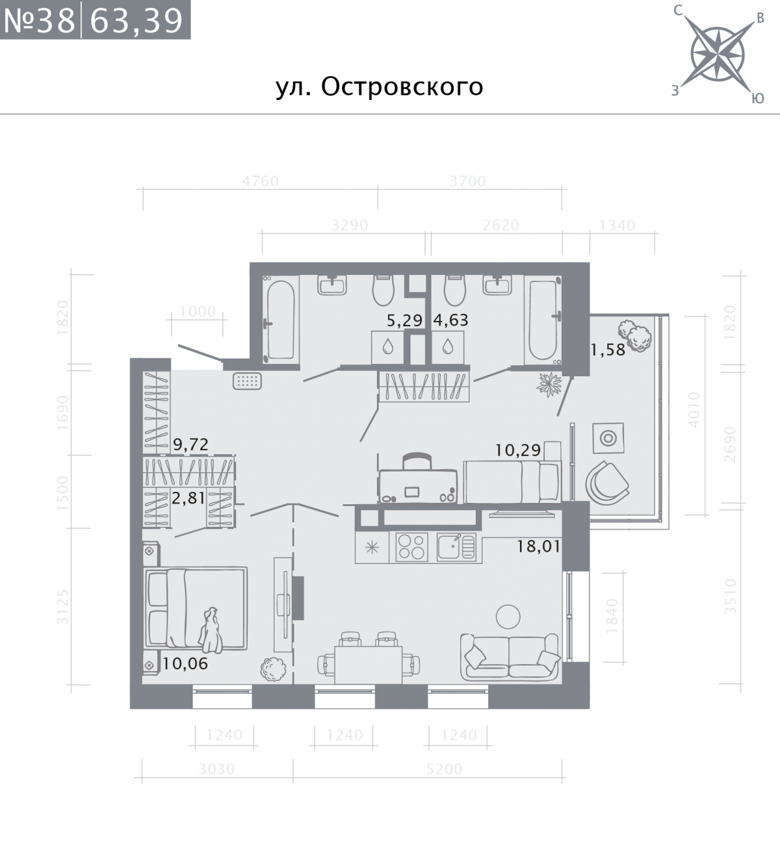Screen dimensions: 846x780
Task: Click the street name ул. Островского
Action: click(380, 87)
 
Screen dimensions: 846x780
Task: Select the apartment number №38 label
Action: click(40, 21)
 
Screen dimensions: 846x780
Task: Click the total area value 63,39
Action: click(136, 21)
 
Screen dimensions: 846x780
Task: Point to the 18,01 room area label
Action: click(538, 546)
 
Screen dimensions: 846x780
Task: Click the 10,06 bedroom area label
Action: click(186, 663)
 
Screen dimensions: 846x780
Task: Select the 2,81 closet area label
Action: click(188, 498)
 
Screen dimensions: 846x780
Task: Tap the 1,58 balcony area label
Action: click(607, 350)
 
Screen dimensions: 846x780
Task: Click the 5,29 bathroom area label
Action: click(405, 320)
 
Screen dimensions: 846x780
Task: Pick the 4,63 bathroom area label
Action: click(450, 320)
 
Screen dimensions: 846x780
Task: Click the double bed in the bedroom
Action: click(195, 608)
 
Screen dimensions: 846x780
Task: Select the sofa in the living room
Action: click(510, 656)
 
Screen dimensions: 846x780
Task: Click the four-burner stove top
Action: click(412, 546)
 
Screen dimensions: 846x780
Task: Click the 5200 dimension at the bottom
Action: click(445, 769)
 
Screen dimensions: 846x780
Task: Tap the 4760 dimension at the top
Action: click(260, 181)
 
